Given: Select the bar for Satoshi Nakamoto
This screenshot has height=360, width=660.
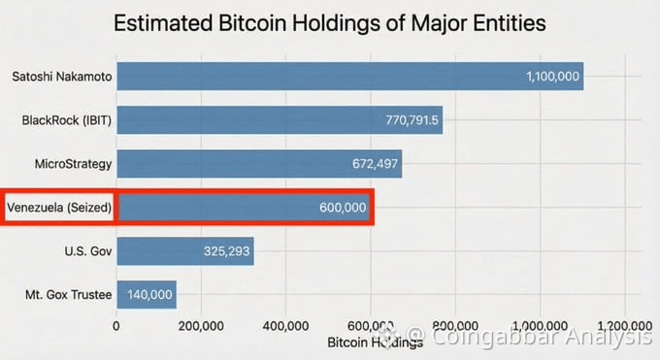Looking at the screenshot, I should (x=349, y=76).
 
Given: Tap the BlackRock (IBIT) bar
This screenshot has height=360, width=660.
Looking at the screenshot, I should (x=280, y=120).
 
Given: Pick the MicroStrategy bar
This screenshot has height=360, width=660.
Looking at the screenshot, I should (x=259, y=164).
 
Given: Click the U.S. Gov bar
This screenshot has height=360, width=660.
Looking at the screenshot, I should (x=184, y=251).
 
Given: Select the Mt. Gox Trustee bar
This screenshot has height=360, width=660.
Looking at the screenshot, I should (x=146, y=295).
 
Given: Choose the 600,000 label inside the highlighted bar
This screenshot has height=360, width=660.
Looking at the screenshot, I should (x=342, y=208).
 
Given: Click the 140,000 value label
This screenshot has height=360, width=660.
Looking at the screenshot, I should (x=149, y=295).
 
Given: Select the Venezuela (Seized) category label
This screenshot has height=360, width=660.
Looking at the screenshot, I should (x=60, y=208).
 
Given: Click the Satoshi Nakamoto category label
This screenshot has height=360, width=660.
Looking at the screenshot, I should (x=60, y=76).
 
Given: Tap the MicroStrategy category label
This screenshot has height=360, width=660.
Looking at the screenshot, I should (x=74, y=164).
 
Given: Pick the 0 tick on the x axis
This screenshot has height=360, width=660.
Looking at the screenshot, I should (x=116, y=326).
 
